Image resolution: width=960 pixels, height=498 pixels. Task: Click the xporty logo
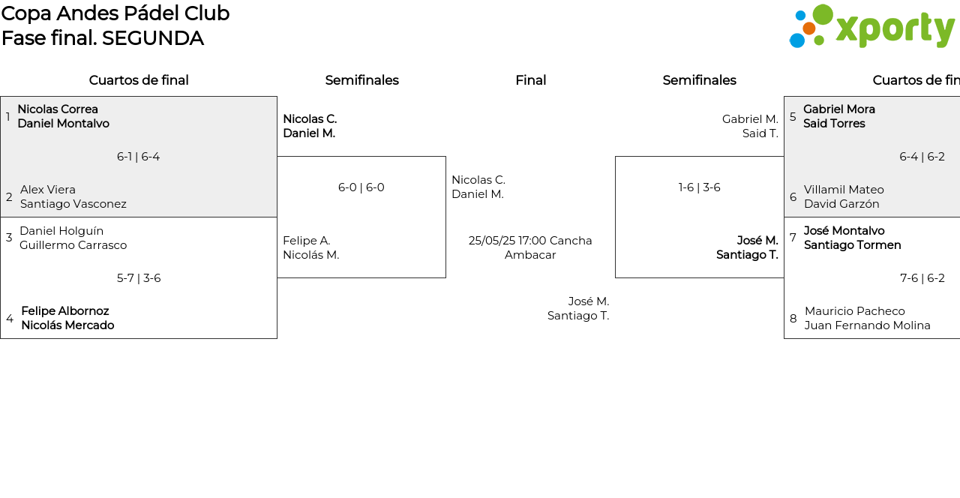tap(872, 26)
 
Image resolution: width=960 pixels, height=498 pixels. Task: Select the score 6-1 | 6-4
tap(139, 157)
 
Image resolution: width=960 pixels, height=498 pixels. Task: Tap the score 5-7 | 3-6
tap(139, 278)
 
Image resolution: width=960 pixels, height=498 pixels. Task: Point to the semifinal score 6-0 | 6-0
tap(361, 187)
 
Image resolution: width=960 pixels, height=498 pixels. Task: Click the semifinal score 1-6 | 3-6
tap(700, 187)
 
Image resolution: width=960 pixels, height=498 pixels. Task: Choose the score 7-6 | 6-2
tap(922, 278)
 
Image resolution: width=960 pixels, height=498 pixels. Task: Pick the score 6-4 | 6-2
tap(922, 157)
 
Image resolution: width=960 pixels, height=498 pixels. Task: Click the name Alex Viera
tap(47, 190)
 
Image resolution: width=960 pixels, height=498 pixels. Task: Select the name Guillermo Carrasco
tap(73, 245)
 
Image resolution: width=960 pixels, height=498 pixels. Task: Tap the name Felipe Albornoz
tap(65, 310)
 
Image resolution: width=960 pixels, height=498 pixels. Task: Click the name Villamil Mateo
tap(844, 190)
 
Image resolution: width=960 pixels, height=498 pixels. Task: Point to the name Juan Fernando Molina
tap(868, 325)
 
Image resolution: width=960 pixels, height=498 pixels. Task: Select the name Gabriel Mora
tap(839, 109)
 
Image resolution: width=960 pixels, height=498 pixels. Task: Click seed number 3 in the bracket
tap(9, 238)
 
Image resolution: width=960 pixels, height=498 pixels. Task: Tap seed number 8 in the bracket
tap(793, 319)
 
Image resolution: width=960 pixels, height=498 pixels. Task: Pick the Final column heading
tap(530, 80)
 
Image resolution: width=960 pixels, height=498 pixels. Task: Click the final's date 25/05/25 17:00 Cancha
tap(530, 241)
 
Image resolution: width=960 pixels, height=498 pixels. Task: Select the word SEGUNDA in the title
tap(152, 38)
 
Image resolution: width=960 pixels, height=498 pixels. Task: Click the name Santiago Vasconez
tap(73, 204)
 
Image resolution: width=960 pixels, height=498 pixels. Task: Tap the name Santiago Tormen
tap(853, 245)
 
